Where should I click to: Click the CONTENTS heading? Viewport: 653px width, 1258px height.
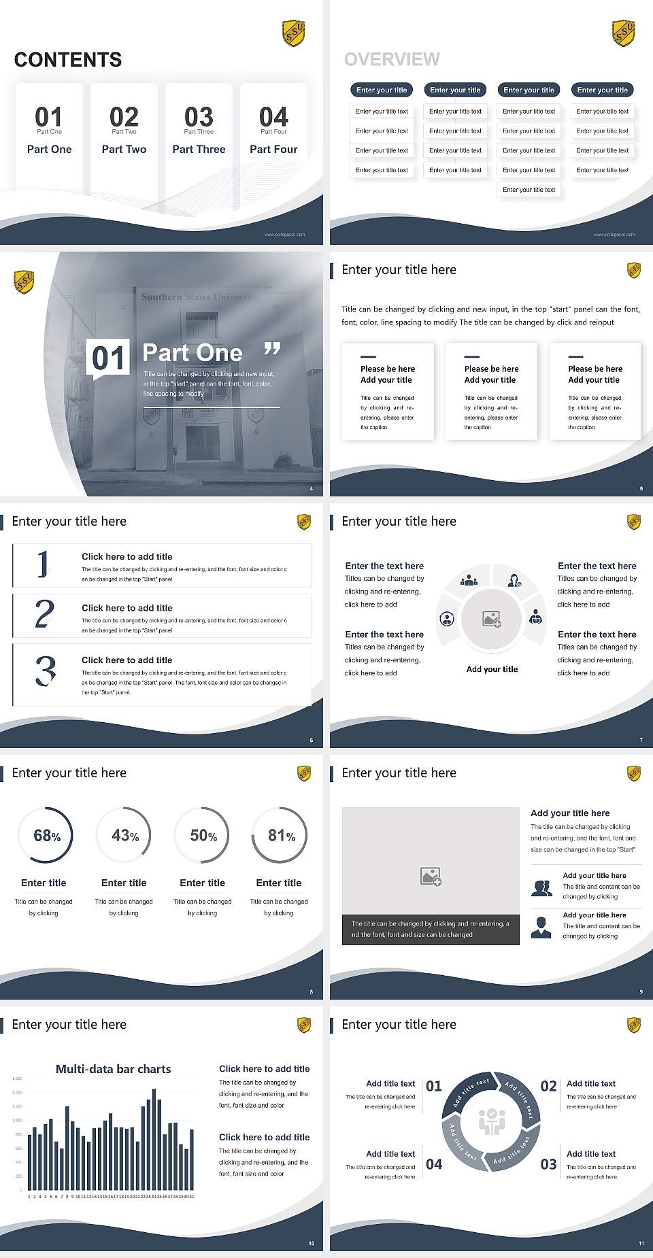[68, 60]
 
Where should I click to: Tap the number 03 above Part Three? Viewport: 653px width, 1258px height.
[199, 117]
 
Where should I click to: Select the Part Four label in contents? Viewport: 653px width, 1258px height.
[273, 149]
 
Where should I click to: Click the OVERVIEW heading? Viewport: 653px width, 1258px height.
[392, 60]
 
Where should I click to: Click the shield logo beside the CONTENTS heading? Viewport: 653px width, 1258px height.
[293, 33]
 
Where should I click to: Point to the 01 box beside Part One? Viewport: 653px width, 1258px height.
[109, 358]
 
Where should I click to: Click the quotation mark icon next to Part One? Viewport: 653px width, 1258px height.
[272, 350]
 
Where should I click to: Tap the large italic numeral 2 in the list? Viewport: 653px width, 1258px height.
[44, 614]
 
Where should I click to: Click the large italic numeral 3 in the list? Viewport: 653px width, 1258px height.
[45, 670]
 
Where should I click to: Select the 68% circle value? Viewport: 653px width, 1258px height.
[47, 836]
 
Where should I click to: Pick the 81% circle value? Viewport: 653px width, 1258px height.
[281, 836]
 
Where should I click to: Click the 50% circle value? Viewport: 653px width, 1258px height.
[203, 836]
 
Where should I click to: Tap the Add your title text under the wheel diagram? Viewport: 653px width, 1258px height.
[492, 669]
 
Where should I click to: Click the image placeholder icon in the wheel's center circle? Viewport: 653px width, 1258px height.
[492, 619]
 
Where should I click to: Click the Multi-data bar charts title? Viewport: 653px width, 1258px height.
[114, 1069]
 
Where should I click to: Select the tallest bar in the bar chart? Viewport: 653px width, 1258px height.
[154, 1139]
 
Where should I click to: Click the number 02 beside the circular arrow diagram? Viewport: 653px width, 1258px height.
[548, 1086]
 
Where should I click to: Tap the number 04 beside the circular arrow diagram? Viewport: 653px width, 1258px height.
[434, 1164]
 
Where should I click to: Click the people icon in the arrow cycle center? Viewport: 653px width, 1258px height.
[492, 1121]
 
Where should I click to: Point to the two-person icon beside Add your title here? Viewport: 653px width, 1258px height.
[541, 888]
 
